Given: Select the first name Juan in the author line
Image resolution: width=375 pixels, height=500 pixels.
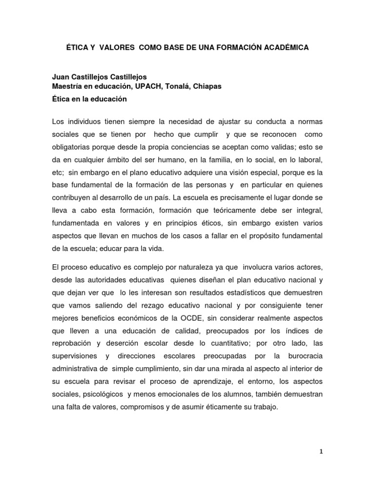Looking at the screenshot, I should pos(60,77).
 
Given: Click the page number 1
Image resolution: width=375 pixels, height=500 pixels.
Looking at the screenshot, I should pos(321,452).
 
